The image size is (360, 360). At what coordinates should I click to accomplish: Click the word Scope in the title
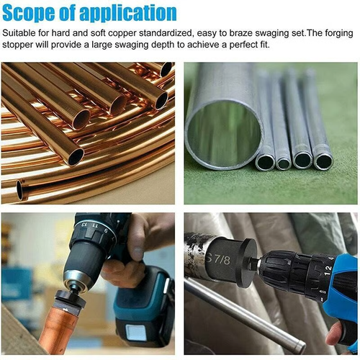[x=34, y=12]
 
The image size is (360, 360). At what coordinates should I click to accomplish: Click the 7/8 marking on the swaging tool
[x=219, y=258]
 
